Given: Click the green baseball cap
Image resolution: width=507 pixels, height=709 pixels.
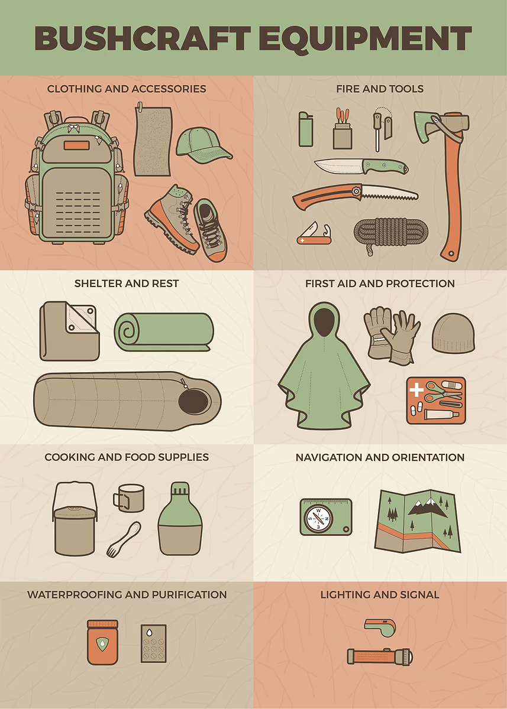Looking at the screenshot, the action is coord(203,144).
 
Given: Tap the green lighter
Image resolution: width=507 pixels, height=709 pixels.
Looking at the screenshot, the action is coord(306,129).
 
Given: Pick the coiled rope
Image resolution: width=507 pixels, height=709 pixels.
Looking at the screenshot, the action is coord(390,233).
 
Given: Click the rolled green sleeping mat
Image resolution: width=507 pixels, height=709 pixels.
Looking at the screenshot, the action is coord(164,332).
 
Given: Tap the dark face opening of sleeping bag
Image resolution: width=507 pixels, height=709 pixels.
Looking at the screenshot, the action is coord(193,401).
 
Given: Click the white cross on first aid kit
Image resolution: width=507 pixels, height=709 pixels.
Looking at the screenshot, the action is coord(416,391).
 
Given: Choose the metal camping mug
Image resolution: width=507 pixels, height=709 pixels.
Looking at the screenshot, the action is coord(129,498).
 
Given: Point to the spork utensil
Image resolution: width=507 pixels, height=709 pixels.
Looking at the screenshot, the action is coord(124,539).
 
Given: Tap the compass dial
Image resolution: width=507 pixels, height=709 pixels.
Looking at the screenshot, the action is coord(318,519).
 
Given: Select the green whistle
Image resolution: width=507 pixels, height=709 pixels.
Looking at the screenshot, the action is coord(380,625).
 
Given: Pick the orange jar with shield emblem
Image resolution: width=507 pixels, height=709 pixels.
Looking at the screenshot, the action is coord(102,638).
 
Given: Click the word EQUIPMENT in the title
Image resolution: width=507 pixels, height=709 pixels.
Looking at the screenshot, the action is coord(365,38).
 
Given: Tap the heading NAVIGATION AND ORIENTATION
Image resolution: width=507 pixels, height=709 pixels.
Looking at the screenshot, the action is coord(380,457).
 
